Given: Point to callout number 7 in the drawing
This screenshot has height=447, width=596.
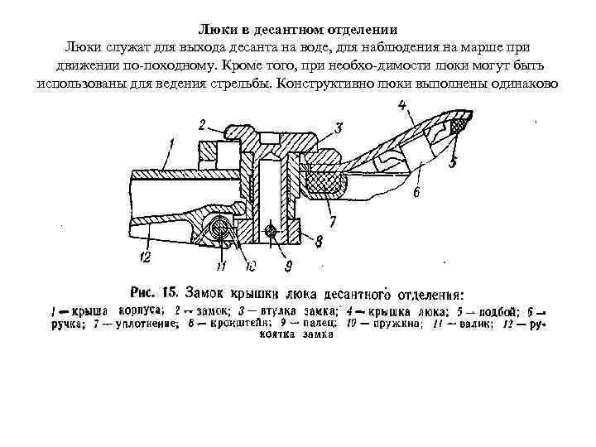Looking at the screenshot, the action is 331,223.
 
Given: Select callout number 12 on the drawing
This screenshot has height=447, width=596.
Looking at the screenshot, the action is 146,258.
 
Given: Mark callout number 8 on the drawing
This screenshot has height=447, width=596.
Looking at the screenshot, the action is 319,240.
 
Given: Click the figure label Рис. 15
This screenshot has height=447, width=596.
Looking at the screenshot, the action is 156,291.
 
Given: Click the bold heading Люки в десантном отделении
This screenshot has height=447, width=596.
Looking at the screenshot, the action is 298,27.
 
